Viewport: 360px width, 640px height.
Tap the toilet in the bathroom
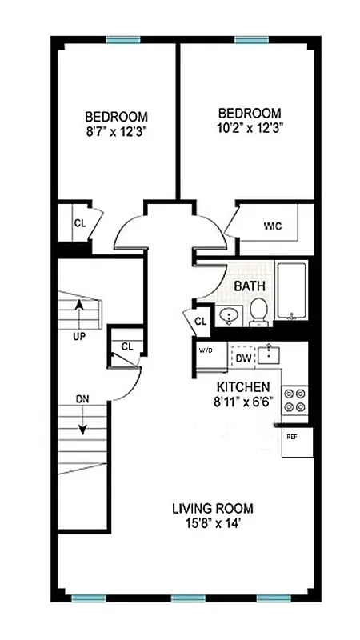coord(258,312)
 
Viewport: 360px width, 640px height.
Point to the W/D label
coord(206,350)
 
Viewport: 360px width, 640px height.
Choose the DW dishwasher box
coord(243,358)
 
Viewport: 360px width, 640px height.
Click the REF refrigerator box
coord(297,442)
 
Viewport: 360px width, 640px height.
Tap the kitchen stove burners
coord(295,399)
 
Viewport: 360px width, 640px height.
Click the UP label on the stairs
coord(79,336)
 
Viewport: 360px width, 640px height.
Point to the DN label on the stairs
coord(83,398)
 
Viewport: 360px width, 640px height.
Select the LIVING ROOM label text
coord(213,507)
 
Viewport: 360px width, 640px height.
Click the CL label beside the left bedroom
coord(80,223)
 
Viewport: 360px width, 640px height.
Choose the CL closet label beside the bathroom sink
coord(200,322)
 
